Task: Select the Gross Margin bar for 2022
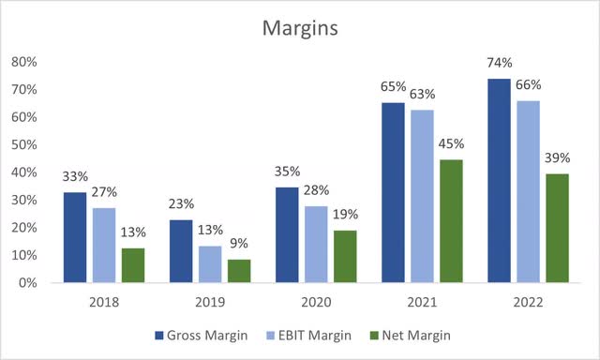(500, 181)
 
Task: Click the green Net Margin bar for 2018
(134, 265)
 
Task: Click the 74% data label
(500, 64)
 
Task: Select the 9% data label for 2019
(241, 243)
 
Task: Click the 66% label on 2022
(530, 85)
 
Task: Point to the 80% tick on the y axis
(24, 63)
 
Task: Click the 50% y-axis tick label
(24, 145)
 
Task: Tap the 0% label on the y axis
(27, 283)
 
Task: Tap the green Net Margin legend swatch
(383, 335)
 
